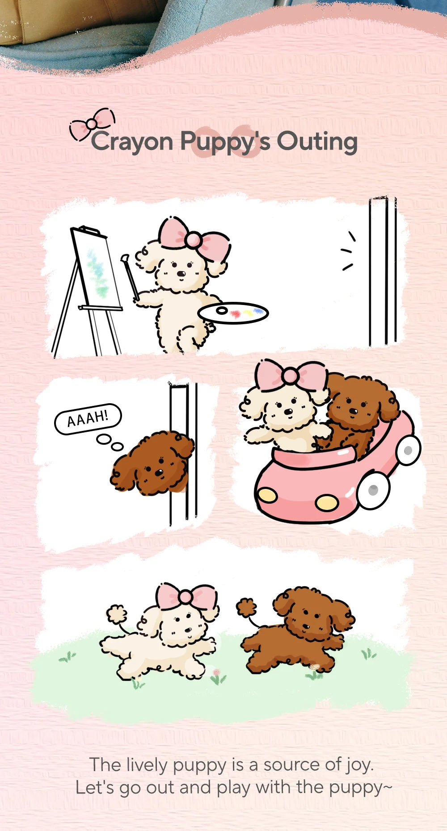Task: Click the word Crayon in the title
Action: (132, 142)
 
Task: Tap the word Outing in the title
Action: (317, 142)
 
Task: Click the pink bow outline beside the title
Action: (92, 123)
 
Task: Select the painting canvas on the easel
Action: (97, 267)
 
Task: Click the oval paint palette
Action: (233, 313)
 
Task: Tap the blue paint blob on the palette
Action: (257, 311)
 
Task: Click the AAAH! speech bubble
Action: (88, 418)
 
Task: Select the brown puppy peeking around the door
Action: (153, 463)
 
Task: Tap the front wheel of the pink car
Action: (374, 490)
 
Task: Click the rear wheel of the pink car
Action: (408, 451)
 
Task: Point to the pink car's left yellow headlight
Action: (267, 494)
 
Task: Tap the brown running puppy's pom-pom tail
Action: (246, 608)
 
